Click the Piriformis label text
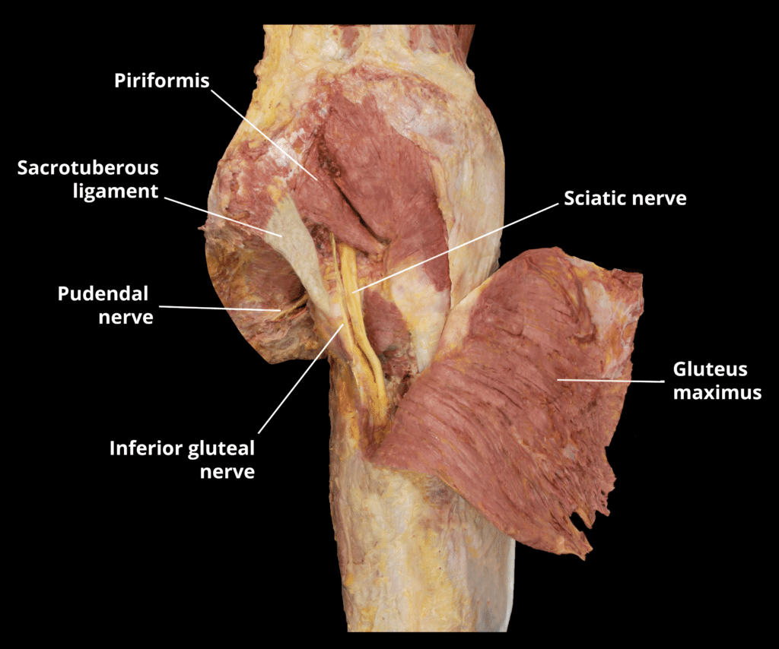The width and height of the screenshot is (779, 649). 161,81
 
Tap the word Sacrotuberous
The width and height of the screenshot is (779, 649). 88,167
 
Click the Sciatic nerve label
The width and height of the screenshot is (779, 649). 625,199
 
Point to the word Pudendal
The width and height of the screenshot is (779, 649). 103,293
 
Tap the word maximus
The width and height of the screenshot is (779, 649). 717,393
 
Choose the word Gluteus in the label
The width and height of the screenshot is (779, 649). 711,370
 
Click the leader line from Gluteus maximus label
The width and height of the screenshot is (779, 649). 609,379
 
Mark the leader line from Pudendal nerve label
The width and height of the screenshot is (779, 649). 221,308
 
